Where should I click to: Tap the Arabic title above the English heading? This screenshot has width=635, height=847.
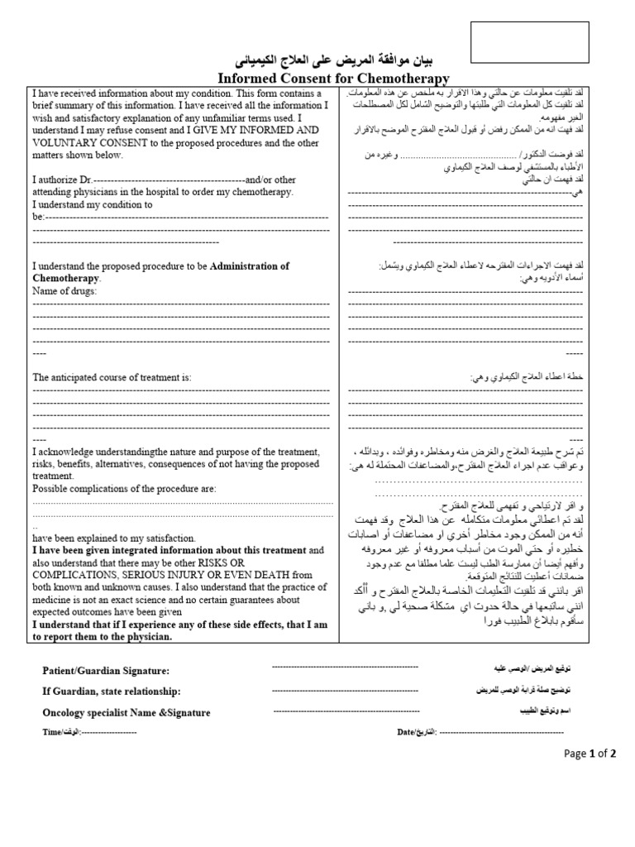point(334,61)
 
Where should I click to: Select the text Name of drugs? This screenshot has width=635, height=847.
point(64,291)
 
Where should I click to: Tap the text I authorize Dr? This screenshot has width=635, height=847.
point(62,179)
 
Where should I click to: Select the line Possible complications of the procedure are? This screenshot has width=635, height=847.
point(124,489)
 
